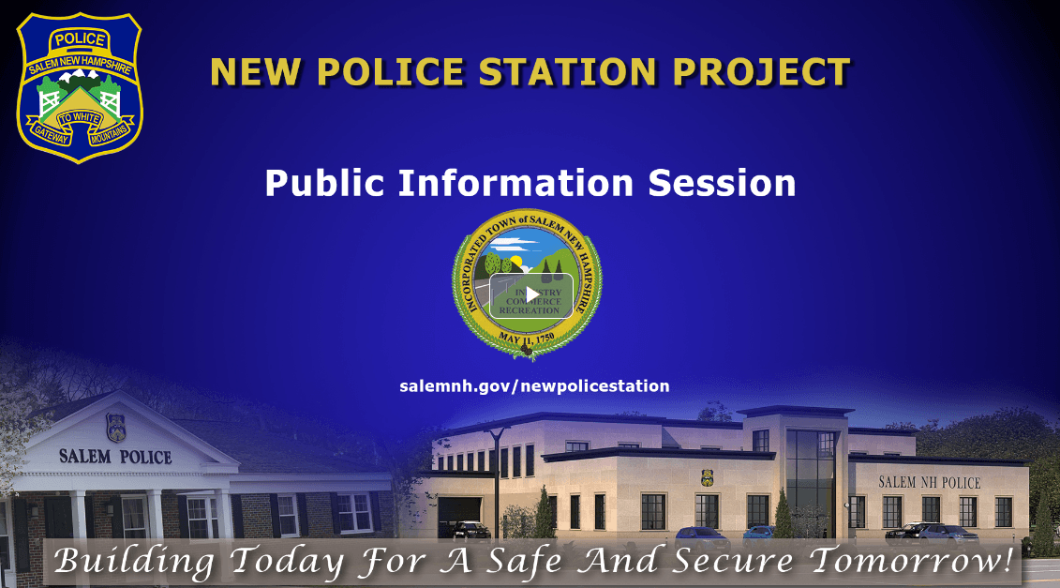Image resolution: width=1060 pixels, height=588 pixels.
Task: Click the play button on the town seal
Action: click(x=530, y=294)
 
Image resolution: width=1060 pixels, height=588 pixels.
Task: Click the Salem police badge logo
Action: click(x=80, y=87)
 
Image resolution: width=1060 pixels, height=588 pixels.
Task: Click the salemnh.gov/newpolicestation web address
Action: click(x=534, y=386)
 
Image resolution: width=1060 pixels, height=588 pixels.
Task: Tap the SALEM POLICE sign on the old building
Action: click(x=115, y=458)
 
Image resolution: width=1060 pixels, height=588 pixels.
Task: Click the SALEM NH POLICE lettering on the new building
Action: click(x=929, y=483)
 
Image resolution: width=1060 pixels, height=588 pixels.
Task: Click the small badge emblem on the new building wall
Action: click(x=707, y=477)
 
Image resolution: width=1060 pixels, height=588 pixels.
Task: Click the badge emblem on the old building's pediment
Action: click(x=115, y=427)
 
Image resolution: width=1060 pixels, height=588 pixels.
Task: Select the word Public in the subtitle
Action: click(x=324, y=183)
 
